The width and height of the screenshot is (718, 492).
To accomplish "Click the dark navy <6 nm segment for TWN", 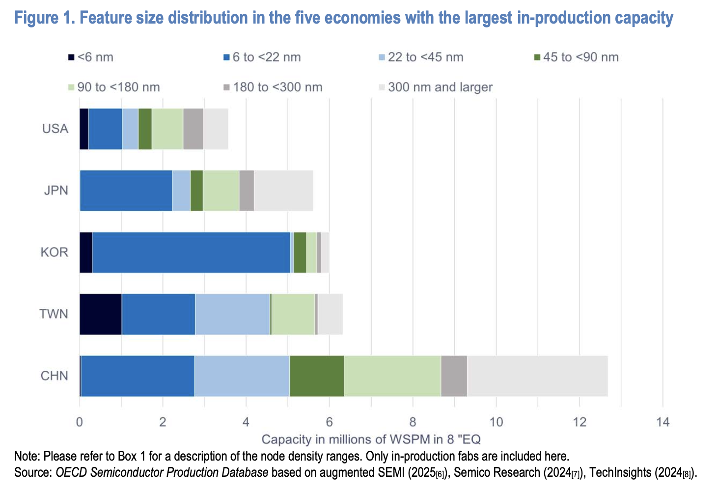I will click(101, 314).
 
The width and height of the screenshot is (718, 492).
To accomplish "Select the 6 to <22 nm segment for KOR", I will click(192, 252).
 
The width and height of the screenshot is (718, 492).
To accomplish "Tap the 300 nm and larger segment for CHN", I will click(537, 376).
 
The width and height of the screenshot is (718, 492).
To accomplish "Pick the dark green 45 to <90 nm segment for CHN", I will click(317, 376).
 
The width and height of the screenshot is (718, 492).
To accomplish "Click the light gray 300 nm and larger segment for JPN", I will click(283, 191).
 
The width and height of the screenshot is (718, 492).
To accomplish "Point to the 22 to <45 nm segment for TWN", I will click(232, 314).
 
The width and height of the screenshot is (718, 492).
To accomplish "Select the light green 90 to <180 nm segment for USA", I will click(167, 129).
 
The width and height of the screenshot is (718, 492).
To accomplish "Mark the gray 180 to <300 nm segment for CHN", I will click(454, 376).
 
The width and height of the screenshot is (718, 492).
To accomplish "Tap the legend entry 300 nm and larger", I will click(440, 87).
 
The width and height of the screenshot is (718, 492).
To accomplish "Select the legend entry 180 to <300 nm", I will click(277, 87).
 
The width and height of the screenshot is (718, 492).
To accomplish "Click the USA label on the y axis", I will click(55, 129).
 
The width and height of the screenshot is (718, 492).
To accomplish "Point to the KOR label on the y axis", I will click(54, 252).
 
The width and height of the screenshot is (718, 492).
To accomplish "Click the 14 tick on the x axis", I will click(663, 422).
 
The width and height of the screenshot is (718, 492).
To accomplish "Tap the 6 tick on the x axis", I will click(329, 422).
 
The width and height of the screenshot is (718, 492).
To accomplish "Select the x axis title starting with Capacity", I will click(371, 439).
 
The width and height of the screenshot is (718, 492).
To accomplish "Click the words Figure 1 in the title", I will click(44, 18).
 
